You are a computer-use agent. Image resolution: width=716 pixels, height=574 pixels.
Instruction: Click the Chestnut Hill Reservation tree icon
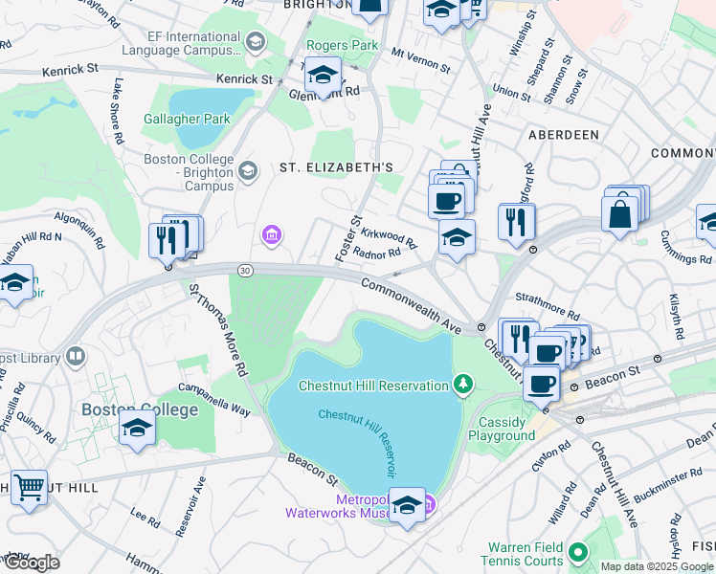pyautogui.click(x=463, y=385)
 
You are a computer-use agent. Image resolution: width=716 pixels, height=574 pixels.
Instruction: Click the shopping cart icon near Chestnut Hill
pyautogui.click(x=30, y=487)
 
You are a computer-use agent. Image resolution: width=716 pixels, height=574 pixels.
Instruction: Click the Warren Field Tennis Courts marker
pyautogui.click(x=577, y=552)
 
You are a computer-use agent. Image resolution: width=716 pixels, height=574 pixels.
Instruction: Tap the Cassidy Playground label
pyautogui.click(x=501, y=429)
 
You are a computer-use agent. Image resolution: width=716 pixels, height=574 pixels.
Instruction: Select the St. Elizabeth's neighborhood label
pyautogui.click(x=336, y=167)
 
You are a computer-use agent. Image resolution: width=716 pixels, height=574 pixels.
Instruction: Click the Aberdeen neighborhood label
pyautogui.click(x=564, y=136)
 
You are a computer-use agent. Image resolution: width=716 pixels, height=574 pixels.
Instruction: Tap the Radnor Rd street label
pyautogui.click(x=376, y=254)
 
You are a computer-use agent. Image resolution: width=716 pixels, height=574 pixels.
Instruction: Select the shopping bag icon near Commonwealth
pyautogui.click(x=620, y=212)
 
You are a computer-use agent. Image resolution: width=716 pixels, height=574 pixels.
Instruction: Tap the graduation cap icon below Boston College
pyautogui.click(x=138, y=430)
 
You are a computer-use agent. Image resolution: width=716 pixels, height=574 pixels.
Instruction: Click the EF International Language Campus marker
pyautogui.click(x=255, y=41)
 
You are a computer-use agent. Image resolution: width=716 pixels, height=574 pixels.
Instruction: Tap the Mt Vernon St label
pyautogui.click(x=420, y=62)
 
